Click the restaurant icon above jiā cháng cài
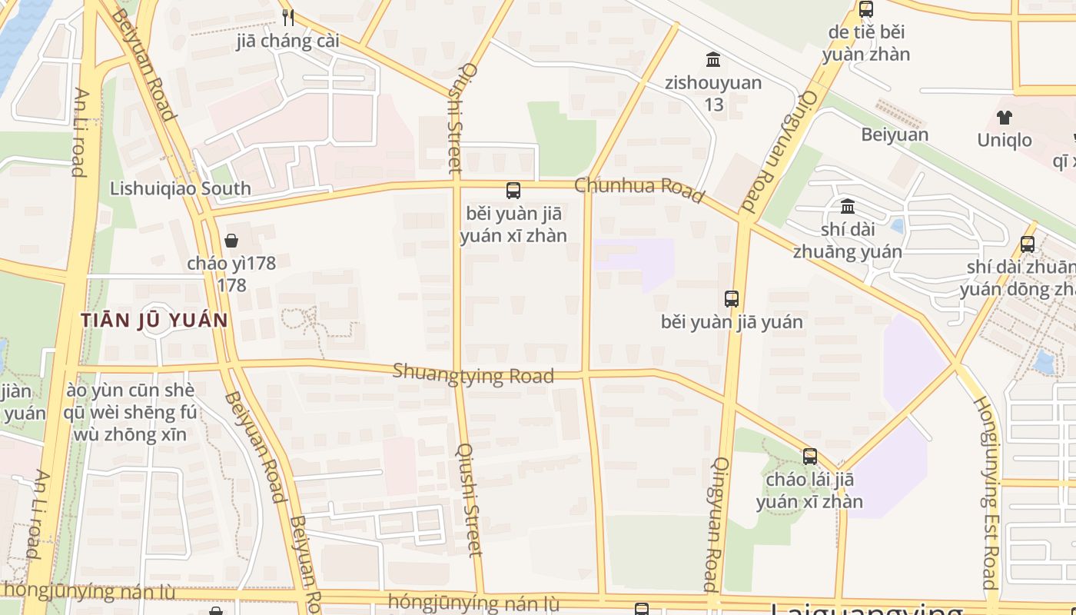pyautogui.click(x=288, y=17)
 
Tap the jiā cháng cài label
pyautogui.click(x=288, y=42)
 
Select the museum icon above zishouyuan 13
pyautogui.click(x=713, y=59)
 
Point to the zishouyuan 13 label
pyautogui.click(x=713, y=92)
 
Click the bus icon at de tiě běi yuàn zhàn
pyautogui.click(x=866, y=9)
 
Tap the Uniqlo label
pyautogui.click(x=1005, y=140)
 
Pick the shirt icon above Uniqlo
pyautogui.click(x=1005, y=118)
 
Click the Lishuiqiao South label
pyautogui.click(x=180, y=188)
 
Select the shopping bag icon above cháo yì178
pyautogui.click(x=231, y=241)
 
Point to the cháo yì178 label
pyautogui.click(x=231, y=273)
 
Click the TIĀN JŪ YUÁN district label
pyautogui.click(x=154, y=320)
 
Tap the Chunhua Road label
pyautogui.click(x=639, y=189)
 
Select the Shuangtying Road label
pyautogui.click(x=473, y=374)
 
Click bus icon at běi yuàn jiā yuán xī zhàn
pyautogui.click(x=513, y=191)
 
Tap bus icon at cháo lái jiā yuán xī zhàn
pyautogui.click(x=809, y=457)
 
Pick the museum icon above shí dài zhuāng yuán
pyautogui.click(x=848, y=206)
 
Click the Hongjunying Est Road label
pyautogui.click(x=986, y=492)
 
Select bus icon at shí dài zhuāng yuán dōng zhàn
pyautogui.click(x=1028, y=244)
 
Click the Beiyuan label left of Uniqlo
pyautogui.click(x=894, y=135)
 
